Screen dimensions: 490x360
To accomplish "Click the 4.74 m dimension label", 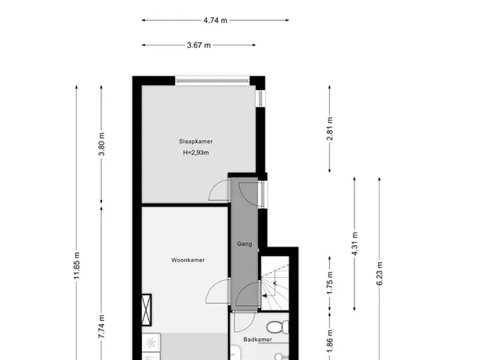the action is click(x=216, y=20).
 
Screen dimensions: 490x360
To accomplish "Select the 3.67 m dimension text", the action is click(x=199, y=45).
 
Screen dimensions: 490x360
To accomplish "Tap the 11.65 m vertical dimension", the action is click(x=77, y=265).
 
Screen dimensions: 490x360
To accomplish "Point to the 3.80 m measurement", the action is click(x=102, y=144).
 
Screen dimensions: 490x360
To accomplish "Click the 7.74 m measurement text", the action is click(x=102, y=326).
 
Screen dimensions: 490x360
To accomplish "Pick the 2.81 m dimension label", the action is click(x=330, y=128).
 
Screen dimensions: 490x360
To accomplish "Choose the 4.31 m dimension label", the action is click(x=354, y=244).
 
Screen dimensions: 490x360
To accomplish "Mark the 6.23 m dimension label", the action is click(x=379, y=274).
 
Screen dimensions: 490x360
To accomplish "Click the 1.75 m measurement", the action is click(x=330, y=283).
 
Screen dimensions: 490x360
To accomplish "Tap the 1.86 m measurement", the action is click(x=330, y=342).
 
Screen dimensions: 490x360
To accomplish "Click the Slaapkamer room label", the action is click(x=196, y=142).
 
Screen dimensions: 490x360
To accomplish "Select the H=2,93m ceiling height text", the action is click(x=196, y=153).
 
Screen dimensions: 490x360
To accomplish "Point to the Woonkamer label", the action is click(x=188, y=260).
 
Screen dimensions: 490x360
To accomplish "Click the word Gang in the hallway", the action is click(x=245, y=244).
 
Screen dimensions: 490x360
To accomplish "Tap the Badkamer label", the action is click(x=257, y=340).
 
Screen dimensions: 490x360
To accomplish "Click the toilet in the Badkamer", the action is click(x=278, y=327).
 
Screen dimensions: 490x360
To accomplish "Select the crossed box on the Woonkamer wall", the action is click(x=147, y=310).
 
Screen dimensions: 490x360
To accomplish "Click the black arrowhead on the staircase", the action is click(x=264, y=296).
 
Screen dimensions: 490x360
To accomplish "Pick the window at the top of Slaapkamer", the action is click(x=212, y=81).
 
